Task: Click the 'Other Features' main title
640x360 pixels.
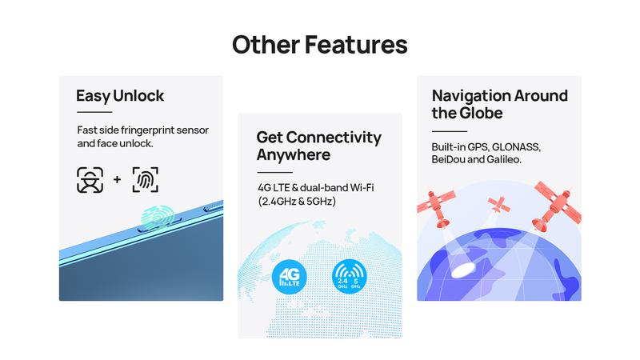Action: [319, 45]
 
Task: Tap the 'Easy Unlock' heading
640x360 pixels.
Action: [120, 96]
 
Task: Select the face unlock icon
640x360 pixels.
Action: [90, 180]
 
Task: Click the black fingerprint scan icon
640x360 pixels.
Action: [146, 179]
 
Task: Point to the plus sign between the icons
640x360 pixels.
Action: [117, 179]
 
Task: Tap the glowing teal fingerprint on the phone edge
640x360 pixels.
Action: [158, 217]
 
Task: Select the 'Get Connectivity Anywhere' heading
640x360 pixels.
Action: [318, 146]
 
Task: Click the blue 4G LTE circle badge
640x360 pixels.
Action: [290, 277]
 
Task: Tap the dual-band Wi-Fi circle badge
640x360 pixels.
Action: [350, 277]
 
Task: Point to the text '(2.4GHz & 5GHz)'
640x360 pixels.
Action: [297, 202]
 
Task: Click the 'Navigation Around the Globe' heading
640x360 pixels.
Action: [499, 104]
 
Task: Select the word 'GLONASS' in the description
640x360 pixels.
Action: [516, 147]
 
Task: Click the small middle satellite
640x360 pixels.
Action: [498, 204]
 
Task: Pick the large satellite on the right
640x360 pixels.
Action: [557, 206]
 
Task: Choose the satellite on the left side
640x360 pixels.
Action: [436, 207]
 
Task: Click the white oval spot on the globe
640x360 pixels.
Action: [465, 270]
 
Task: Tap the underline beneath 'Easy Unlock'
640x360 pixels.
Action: [94, 112]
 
